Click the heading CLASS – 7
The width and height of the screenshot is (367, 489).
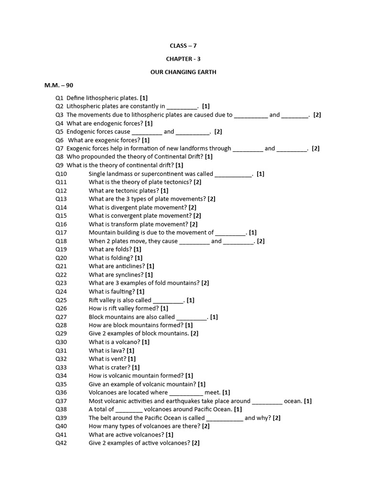183,46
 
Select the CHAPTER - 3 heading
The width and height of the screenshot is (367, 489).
183,59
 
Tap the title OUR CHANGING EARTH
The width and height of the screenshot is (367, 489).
183,72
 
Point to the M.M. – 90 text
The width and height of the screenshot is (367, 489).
59,85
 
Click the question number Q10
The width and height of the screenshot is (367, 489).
61,174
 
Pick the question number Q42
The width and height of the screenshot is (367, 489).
61,443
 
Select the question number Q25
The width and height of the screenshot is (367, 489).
61,300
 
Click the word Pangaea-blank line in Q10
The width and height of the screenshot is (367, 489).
233,175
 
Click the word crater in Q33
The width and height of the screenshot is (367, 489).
120,367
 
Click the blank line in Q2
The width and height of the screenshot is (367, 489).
182,107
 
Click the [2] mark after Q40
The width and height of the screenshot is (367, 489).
206,426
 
